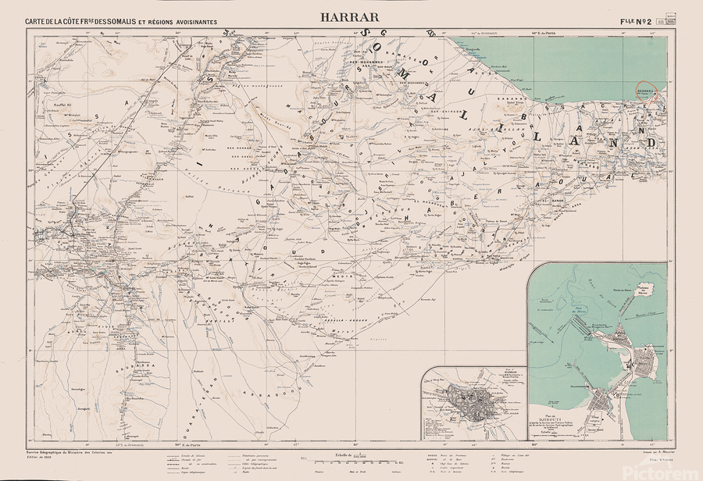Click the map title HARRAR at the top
coord(349,16)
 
